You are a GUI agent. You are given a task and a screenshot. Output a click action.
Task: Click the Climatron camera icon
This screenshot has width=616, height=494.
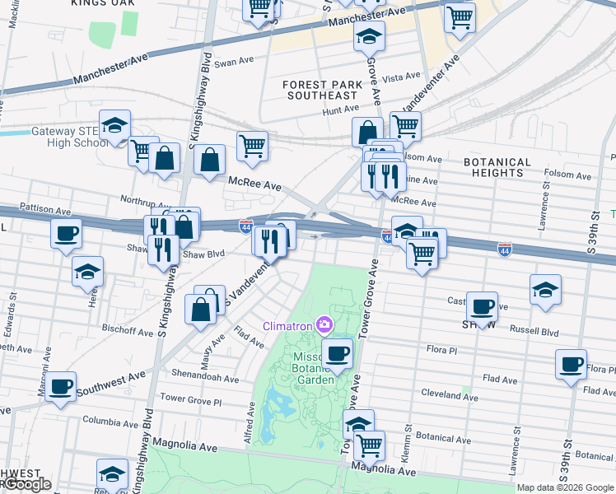click(x=324, y=326)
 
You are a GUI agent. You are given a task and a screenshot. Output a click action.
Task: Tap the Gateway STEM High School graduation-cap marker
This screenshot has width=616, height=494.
click(x=114, y=125)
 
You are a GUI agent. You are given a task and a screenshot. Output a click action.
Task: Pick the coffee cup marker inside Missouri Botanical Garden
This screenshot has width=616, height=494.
click(x=336, y=354)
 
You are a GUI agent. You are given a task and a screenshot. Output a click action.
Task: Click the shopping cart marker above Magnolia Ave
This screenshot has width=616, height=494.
click(x=370, y=445)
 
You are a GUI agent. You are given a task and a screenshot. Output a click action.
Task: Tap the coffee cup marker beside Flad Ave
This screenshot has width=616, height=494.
click(x=571, y=364)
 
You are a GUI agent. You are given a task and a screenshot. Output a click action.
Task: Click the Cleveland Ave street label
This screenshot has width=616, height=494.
click(x=449, y=396)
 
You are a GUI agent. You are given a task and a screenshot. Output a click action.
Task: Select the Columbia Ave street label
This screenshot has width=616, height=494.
click(x=113, y=420)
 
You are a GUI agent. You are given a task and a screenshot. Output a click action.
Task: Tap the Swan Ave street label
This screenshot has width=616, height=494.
click(x=234, y=62)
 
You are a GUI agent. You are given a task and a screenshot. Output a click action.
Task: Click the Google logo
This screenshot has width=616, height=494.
click(x=27, y=484)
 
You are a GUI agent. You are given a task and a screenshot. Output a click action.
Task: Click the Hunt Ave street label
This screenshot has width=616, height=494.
click(x=341, y=109)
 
